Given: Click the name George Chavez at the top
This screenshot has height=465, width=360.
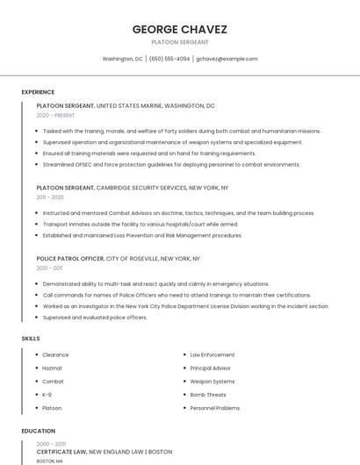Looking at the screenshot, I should (180, 29).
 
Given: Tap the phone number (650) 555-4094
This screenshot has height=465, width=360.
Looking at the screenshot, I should (169, 59).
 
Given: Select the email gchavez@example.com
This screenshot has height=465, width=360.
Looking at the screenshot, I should (227, 59).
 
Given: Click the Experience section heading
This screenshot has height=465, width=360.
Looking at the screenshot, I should (38, 92).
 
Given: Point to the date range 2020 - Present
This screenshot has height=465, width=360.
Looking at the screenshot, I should (55, 115).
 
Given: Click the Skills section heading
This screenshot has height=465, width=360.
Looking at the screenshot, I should (31, 338).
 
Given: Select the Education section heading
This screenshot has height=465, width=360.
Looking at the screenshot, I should (39, 431).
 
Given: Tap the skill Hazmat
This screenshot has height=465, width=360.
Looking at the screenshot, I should (53, 368).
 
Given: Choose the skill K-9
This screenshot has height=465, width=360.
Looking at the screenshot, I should (47, 395).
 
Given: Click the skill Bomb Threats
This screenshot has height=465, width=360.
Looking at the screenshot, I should (209, 395).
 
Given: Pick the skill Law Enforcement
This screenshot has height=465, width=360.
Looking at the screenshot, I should (212, 355).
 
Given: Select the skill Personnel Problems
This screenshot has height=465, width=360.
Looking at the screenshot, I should (215, 408).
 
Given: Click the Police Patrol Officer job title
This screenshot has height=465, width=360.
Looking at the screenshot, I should (70, 259).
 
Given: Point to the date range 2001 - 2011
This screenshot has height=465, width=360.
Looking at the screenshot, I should (50, 268).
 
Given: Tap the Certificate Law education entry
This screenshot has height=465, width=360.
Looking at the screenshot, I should (104, 452).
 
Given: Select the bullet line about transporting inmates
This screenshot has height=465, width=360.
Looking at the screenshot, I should (140, 224).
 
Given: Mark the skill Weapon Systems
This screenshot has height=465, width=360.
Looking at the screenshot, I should (212, 382).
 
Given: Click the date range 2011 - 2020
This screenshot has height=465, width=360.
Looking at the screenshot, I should (50, 197).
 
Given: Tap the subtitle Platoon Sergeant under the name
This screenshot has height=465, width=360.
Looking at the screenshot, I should (180, 42).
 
